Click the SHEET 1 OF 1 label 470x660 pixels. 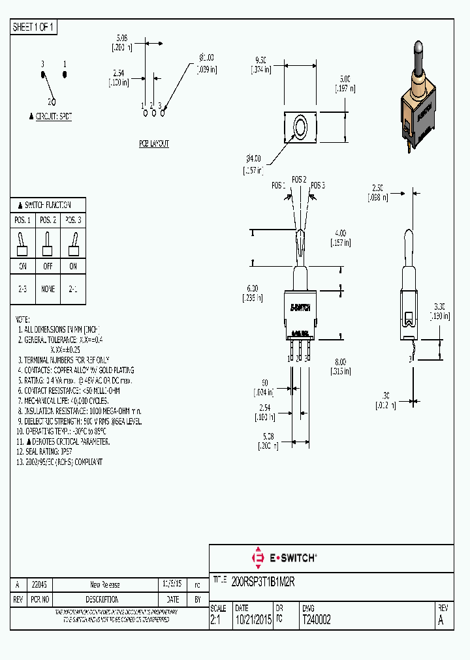34,27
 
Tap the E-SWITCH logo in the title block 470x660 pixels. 284,558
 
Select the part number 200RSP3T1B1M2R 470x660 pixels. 264,583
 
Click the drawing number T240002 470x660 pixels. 317,620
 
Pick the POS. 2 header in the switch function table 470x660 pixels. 48,220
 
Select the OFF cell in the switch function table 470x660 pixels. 48,266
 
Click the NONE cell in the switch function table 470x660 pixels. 48,289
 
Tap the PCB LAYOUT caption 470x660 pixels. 153,143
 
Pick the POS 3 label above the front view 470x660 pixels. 318,186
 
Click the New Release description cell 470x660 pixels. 104,584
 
